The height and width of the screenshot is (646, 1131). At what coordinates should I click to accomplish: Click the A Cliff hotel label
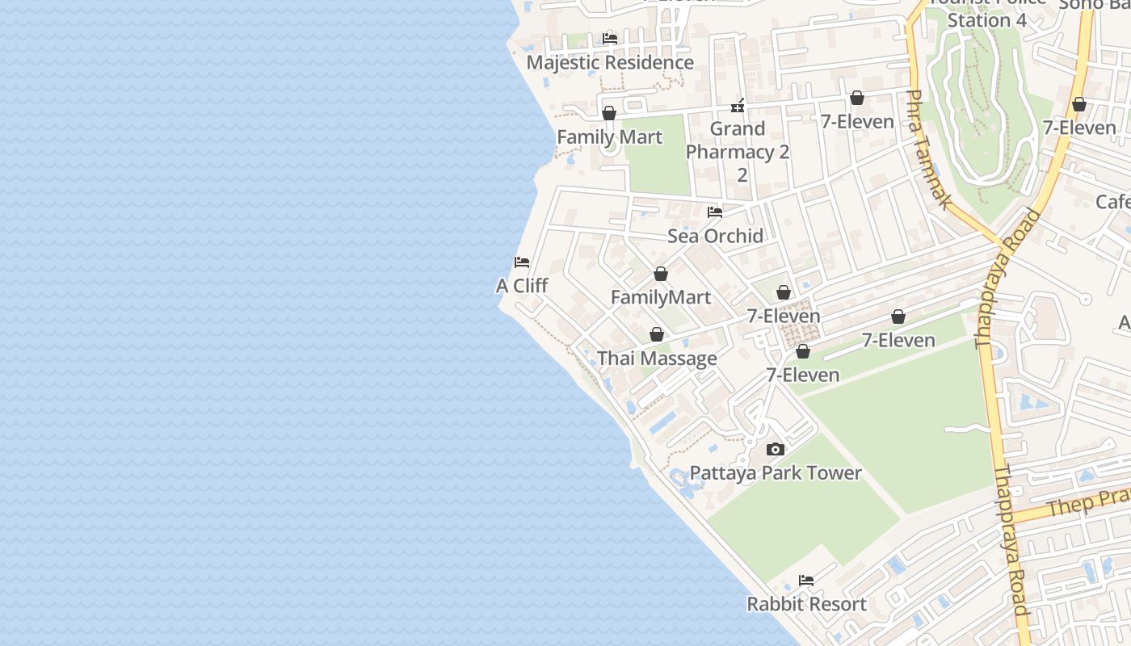coord(522,286)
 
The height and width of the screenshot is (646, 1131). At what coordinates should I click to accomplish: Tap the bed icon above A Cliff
coord(522,262)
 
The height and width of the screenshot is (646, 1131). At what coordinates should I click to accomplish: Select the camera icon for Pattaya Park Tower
coord(776,450)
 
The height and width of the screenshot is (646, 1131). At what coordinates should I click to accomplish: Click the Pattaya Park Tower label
coord(776,473)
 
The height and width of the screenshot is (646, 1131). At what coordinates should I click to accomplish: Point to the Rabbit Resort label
coord(806,604)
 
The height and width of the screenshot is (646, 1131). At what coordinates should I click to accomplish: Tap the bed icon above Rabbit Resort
coord(806,581)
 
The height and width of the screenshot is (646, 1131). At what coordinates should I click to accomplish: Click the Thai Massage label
coord(657,359)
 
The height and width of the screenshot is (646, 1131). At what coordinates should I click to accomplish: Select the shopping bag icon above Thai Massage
coord(657,334)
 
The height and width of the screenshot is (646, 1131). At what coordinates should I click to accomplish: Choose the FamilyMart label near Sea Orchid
coord(661,297)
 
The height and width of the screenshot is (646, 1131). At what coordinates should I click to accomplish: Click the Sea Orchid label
coord(715,236)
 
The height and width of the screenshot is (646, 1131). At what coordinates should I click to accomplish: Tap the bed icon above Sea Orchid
coord(715,212)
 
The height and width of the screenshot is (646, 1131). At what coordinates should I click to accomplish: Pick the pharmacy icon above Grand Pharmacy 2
coord(738,106)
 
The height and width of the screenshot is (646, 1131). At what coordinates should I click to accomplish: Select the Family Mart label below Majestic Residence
coord(609,137)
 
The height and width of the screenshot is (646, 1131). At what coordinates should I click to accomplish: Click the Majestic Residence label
coord(610,62)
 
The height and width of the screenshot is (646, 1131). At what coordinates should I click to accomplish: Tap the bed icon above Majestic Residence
coord(610,38)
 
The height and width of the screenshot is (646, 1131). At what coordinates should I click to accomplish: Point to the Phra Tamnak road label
coord(927,149)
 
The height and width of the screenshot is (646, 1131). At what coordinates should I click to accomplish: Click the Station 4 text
coord(986,20)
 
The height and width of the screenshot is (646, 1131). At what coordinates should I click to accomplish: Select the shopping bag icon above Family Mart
coord(609,113)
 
